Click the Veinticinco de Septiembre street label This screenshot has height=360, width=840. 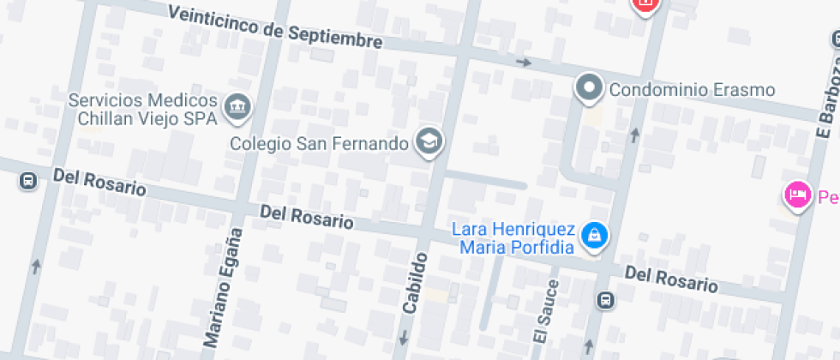click(275, 26)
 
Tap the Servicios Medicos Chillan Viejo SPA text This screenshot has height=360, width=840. click(142, 110)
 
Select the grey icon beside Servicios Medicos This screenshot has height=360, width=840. click(237, 107)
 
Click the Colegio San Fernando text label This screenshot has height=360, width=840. click(319, 143)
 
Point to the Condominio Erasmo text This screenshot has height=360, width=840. click(692, 89)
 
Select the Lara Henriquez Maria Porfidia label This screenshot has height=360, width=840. click(513, 238)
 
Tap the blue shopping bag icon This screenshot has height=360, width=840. click(593, 235)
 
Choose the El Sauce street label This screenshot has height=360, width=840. click(545, 312)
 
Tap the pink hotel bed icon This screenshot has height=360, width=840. click(797, 195)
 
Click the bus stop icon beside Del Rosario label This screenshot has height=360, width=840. click(28, 181)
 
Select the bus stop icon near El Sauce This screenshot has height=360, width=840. click(605, 300)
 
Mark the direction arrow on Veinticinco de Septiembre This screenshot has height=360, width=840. click(523, 63)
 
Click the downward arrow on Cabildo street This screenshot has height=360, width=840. click(402, 337)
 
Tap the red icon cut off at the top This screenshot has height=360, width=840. click(645, 4)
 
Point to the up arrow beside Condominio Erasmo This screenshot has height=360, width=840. click(634, 135)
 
